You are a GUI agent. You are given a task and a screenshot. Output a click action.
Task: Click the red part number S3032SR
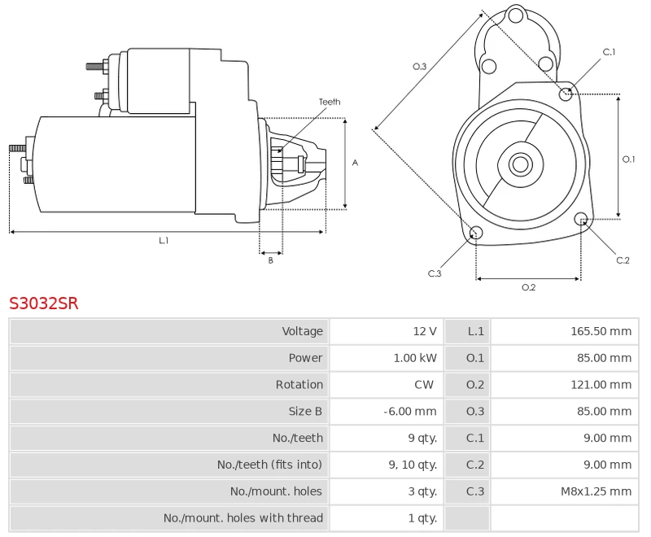coord(44,303)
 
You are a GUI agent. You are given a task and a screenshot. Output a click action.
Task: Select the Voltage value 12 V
coord(425,331)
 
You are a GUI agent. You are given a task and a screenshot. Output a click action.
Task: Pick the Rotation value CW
coord(424,385)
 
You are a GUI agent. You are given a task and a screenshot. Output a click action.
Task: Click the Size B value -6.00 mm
coord(410,412)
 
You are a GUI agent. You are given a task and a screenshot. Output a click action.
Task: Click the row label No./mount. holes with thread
coord(243,518)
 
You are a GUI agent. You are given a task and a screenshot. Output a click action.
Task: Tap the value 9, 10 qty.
coord(413,465)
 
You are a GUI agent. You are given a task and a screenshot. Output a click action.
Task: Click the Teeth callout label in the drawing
coord(330,102)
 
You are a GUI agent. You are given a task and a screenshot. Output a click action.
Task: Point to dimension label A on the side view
coord(355,163)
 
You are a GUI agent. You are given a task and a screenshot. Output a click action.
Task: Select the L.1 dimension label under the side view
coord(164,240)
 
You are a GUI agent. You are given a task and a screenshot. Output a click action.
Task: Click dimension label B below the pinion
coord(271,260)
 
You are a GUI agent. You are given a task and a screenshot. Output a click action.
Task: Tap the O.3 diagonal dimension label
coord(420,66)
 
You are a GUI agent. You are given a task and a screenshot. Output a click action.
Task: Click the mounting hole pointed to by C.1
coord(566,94)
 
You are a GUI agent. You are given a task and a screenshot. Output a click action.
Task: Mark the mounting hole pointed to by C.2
coord(581,219)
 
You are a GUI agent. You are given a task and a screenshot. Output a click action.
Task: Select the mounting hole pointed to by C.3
coord(477,234)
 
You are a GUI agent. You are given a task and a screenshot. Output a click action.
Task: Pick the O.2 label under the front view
coord(528,286)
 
